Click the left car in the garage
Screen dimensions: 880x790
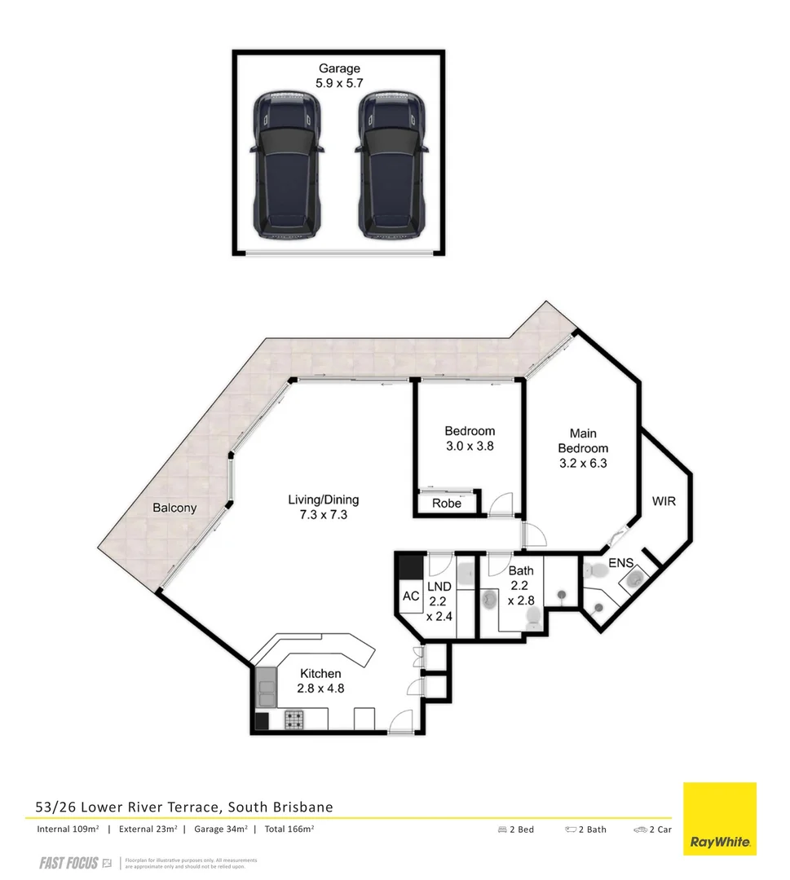(285, 165)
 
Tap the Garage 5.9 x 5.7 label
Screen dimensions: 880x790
(339, 76)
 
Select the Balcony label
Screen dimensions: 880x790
(174, 508)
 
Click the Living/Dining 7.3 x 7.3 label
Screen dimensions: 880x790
(323, 507)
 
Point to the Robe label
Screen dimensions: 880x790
(447, 504)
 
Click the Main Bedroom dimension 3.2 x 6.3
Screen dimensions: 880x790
(583, 463)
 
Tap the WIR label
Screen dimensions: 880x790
(664, 501)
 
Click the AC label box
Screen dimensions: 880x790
(411, 596)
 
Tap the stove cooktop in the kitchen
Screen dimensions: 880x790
(293, 719)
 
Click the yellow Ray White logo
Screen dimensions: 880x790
(719, 819)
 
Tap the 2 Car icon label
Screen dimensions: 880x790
(652, 829)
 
